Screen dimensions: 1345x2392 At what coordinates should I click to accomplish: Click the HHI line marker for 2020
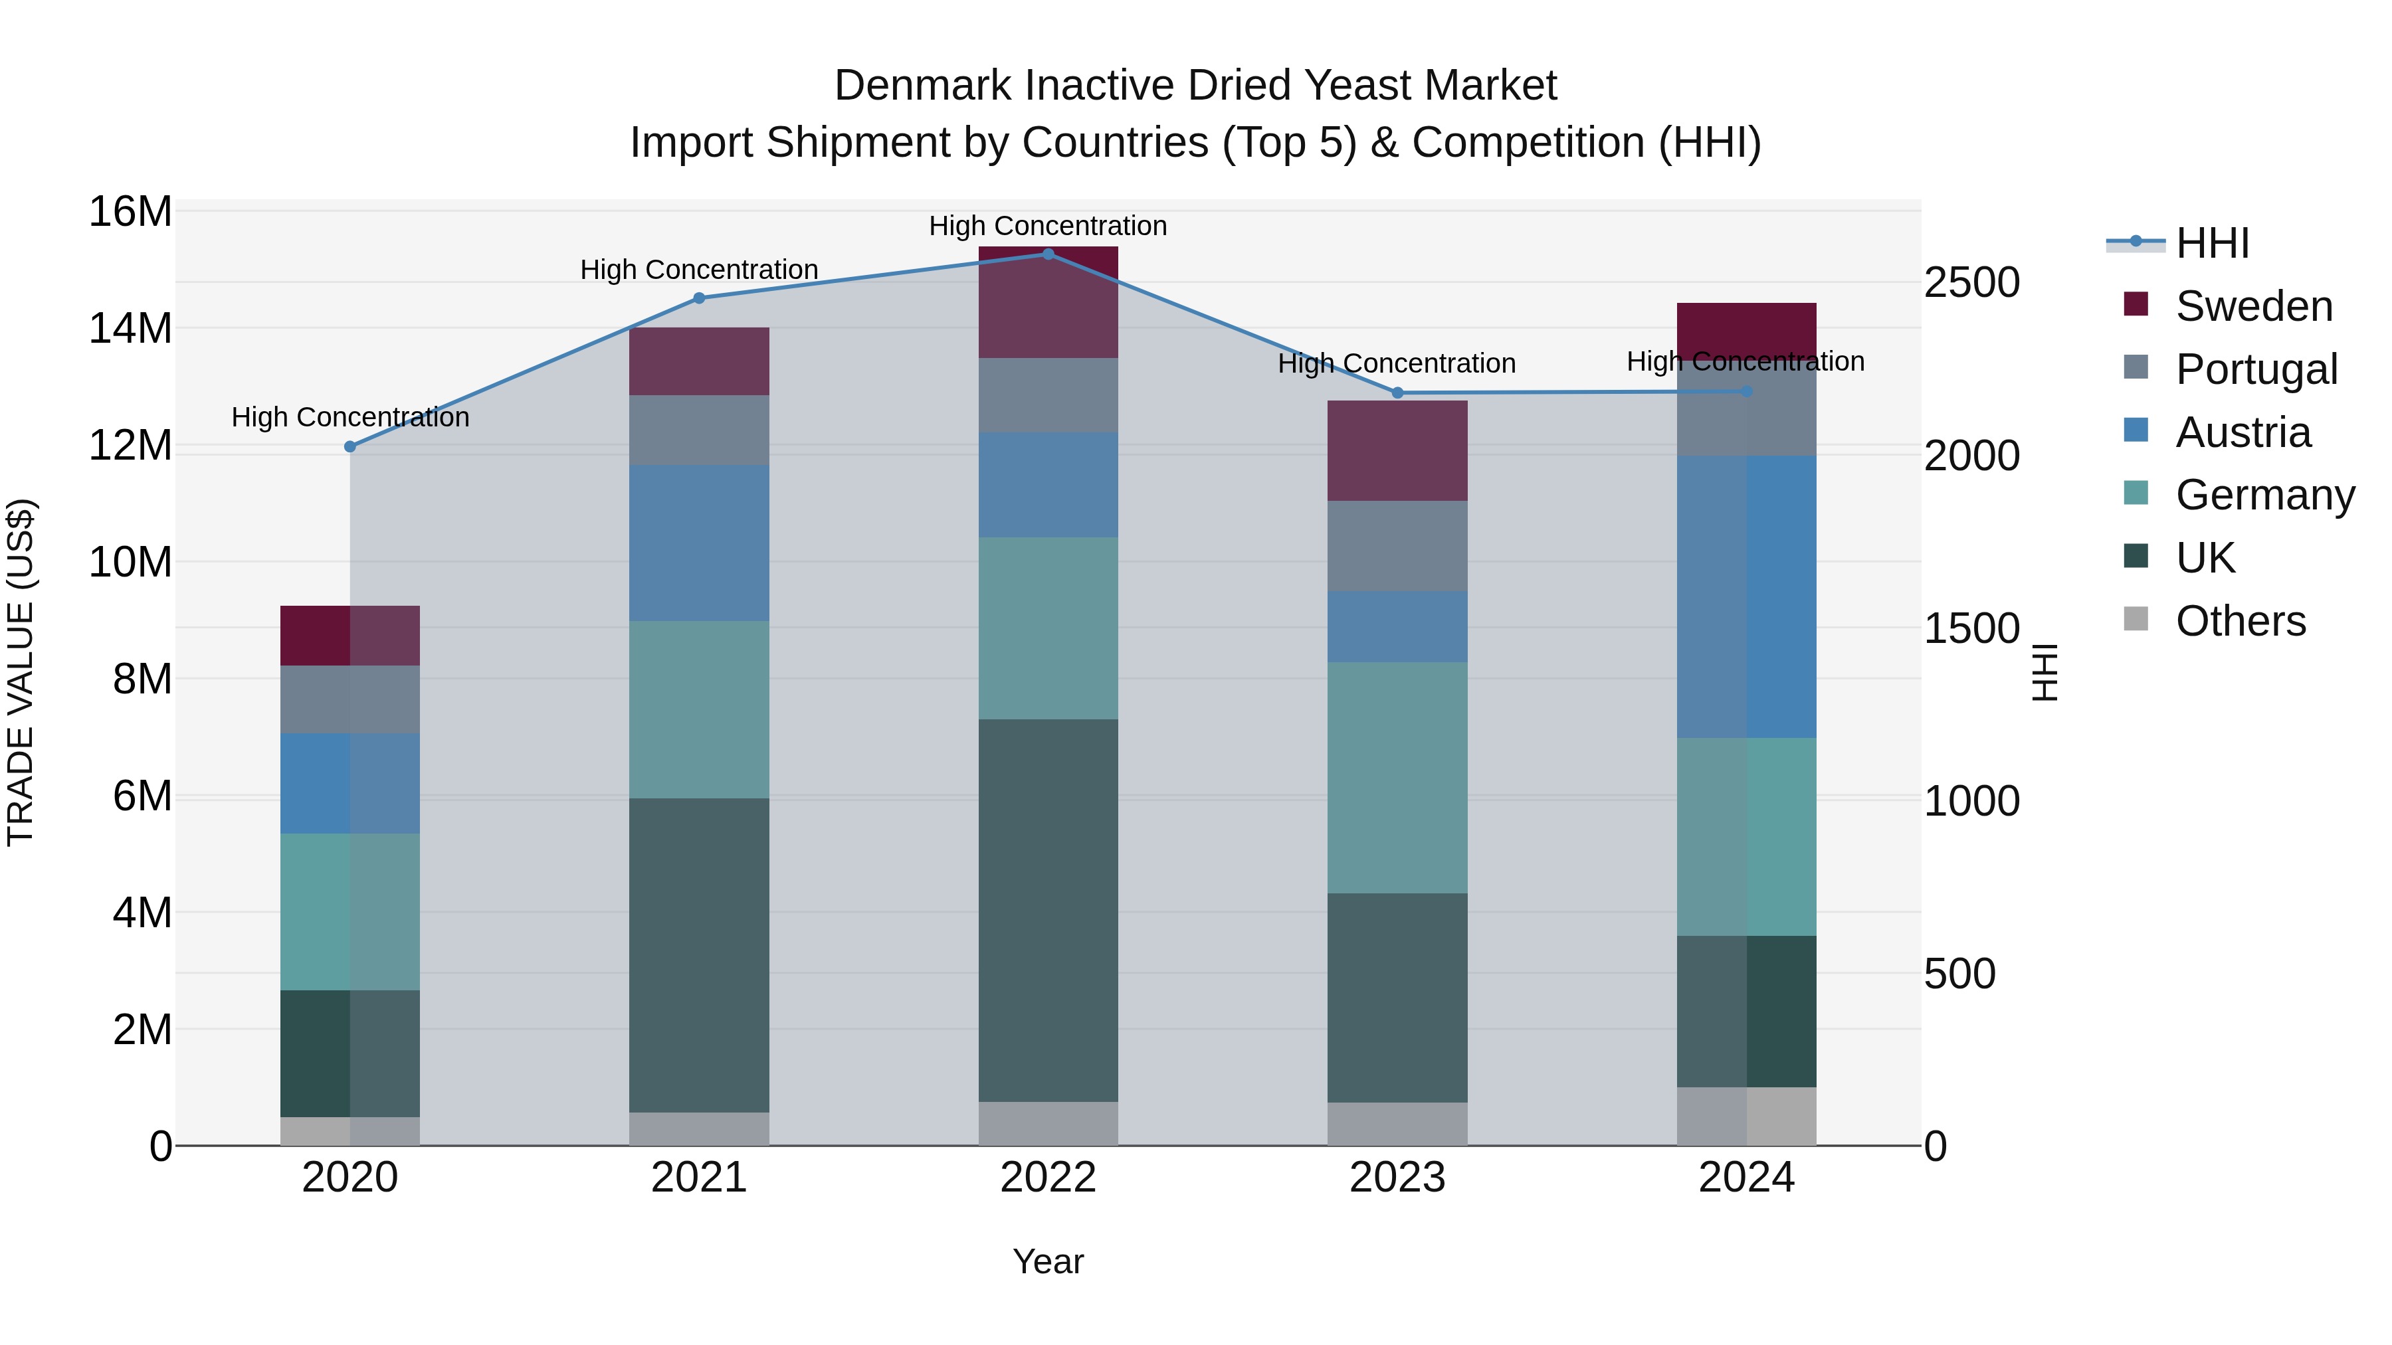click(x=350, y=446)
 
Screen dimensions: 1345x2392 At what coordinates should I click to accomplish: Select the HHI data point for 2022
click(x=1048, y=254)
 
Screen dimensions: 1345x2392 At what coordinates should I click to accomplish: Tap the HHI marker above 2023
click(x=1397, y=393)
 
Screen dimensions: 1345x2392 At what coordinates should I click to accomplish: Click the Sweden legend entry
click(x=2252, y=306)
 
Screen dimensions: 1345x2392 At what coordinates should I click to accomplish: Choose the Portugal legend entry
click(x=2256, y=369)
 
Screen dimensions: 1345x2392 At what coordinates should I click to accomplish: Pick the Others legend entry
click(x=2240, y=621)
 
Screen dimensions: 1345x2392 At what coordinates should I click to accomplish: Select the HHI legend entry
click(x=2212, y=243)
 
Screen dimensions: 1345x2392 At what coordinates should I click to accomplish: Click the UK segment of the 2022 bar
click(x=1048, y=910)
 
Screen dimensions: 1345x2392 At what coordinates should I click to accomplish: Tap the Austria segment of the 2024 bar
click(x=1747, y=597)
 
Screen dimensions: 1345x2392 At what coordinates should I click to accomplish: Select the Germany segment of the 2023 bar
click(x=1397, y=777)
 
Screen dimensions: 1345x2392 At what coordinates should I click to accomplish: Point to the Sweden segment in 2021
click(x=699, y=361)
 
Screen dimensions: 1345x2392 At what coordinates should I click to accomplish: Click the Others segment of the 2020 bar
click(x=350, y=1130)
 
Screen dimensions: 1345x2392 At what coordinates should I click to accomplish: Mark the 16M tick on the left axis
click(x=130, y=212)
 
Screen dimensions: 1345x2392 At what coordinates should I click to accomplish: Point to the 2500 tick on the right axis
click(x=1971, y=282)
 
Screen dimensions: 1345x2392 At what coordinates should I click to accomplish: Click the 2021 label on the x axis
click(x=699, y=1178)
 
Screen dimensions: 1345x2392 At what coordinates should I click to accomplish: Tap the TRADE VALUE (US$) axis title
click(x=21, y=672)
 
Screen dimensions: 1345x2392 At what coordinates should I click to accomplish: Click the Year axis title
click(x=1048, y=1261)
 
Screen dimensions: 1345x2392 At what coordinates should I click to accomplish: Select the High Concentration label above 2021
click(x=699, y=270)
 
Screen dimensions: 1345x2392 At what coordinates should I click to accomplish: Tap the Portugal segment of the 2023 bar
click(x=1397, y=546)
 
